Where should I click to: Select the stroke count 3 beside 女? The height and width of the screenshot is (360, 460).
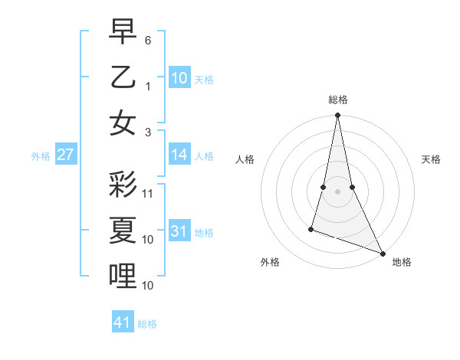click(x=148, y=132)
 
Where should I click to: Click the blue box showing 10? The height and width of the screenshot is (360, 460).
click(x=179, y=77)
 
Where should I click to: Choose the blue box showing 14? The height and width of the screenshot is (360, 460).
click(x=179, y=155)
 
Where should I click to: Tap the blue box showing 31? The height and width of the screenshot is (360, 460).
click(x=179, y=231)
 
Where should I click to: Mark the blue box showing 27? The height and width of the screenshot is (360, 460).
click(x=66, y=155)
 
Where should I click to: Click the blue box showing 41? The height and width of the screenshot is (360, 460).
click(x=123, y=322)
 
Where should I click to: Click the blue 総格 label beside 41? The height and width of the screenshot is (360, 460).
click(x=147, y=324)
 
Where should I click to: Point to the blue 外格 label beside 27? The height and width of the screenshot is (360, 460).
click(x=41, y=156)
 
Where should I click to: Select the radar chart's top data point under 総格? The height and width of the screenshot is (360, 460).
click(x=337, y=116)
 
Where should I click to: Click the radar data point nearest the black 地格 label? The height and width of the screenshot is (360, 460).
click(x=383, y=253)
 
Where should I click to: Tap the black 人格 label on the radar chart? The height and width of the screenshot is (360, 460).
click(x=245, y=159)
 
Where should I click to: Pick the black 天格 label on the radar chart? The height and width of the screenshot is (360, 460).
click(x=431, y=159)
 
